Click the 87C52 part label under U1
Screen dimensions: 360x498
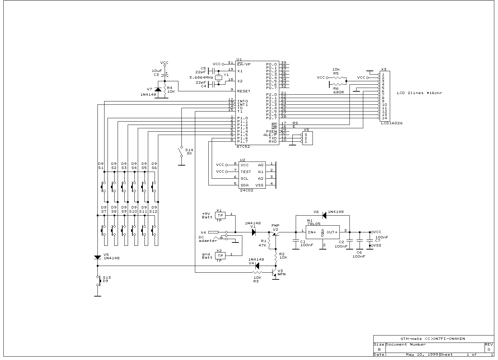[x=243, y=147]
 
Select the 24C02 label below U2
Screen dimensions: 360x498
[x=246, y=190]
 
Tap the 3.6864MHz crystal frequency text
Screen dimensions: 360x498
[x=201, y=78]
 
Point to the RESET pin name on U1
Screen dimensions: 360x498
[x=244, y=91]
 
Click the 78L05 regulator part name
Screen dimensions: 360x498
[x=314, y=224]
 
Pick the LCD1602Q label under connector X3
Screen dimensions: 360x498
[x=391, y=123]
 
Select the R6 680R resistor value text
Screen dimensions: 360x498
[x=338, y=92]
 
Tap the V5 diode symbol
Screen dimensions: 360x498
[x=97, y=257]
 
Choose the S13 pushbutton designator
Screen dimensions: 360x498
[x=107, y=277]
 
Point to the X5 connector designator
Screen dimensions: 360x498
[x=306, y=130]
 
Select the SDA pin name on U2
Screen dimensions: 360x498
[x=244, y=185]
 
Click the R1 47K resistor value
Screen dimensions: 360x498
[x=262, y=245]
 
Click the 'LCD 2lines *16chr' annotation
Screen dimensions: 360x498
[x=419, y=93]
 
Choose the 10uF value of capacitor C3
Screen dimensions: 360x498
[x=157, y=71]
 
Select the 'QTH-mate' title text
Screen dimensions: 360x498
[x=408, y=339]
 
